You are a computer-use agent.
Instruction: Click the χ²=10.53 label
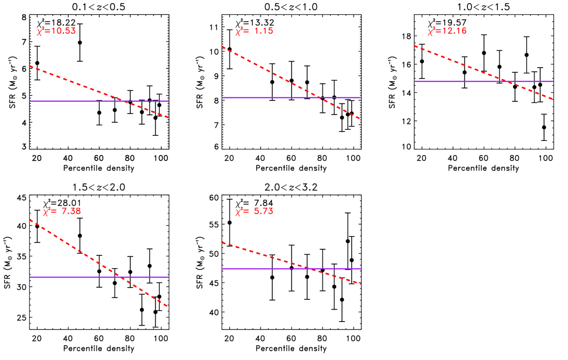(57, 31)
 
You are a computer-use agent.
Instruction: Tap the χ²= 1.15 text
(254, 31)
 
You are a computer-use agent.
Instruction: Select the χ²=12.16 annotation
(447, 31)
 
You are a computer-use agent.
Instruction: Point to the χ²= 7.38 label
(62, 211)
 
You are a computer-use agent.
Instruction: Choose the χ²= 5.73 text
(254, 211)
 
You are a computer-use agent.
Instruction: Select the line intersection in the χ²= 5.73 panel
(309, 268)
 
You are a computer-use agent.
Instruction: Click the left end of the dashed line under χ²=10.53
(30, 66)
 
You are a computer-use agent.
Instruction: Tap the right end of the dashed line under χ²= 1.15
(360, 119)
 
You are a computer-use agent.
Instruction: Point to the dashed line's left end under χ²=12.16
(415, 46)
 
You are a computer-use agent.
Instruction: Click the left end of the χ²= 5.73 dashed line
(222, 243)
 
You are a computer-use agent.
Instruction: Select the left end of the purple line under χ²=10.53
(30, 101)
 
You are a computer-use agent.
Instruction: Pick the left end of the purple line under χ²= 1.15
(222, 98)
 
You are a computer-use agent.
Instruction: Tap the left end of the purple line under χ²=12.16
(415, 81)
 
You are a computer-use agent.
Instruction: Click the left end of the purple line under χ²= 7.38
(30, 277)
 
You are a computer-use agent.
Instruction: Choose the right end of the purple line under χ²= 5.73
(360, 268)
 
